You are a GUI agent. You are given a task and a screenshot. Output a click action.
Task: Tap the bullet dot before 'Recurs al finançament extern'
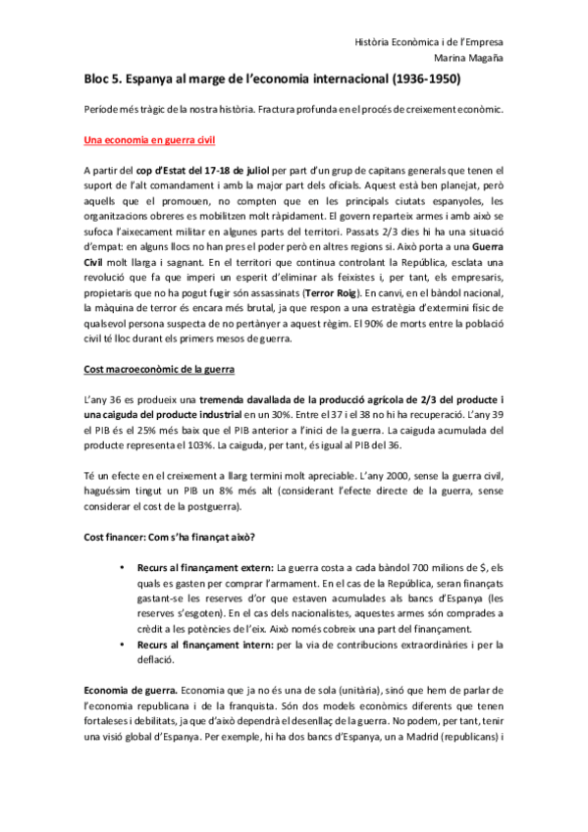point(122,568)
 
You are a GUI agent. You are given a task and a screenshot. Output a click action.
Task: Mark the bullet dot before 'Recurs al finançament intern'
point(122,645)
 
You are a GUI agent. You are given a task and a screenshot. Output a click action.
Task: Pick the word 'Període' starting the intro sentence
point(103,108)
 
